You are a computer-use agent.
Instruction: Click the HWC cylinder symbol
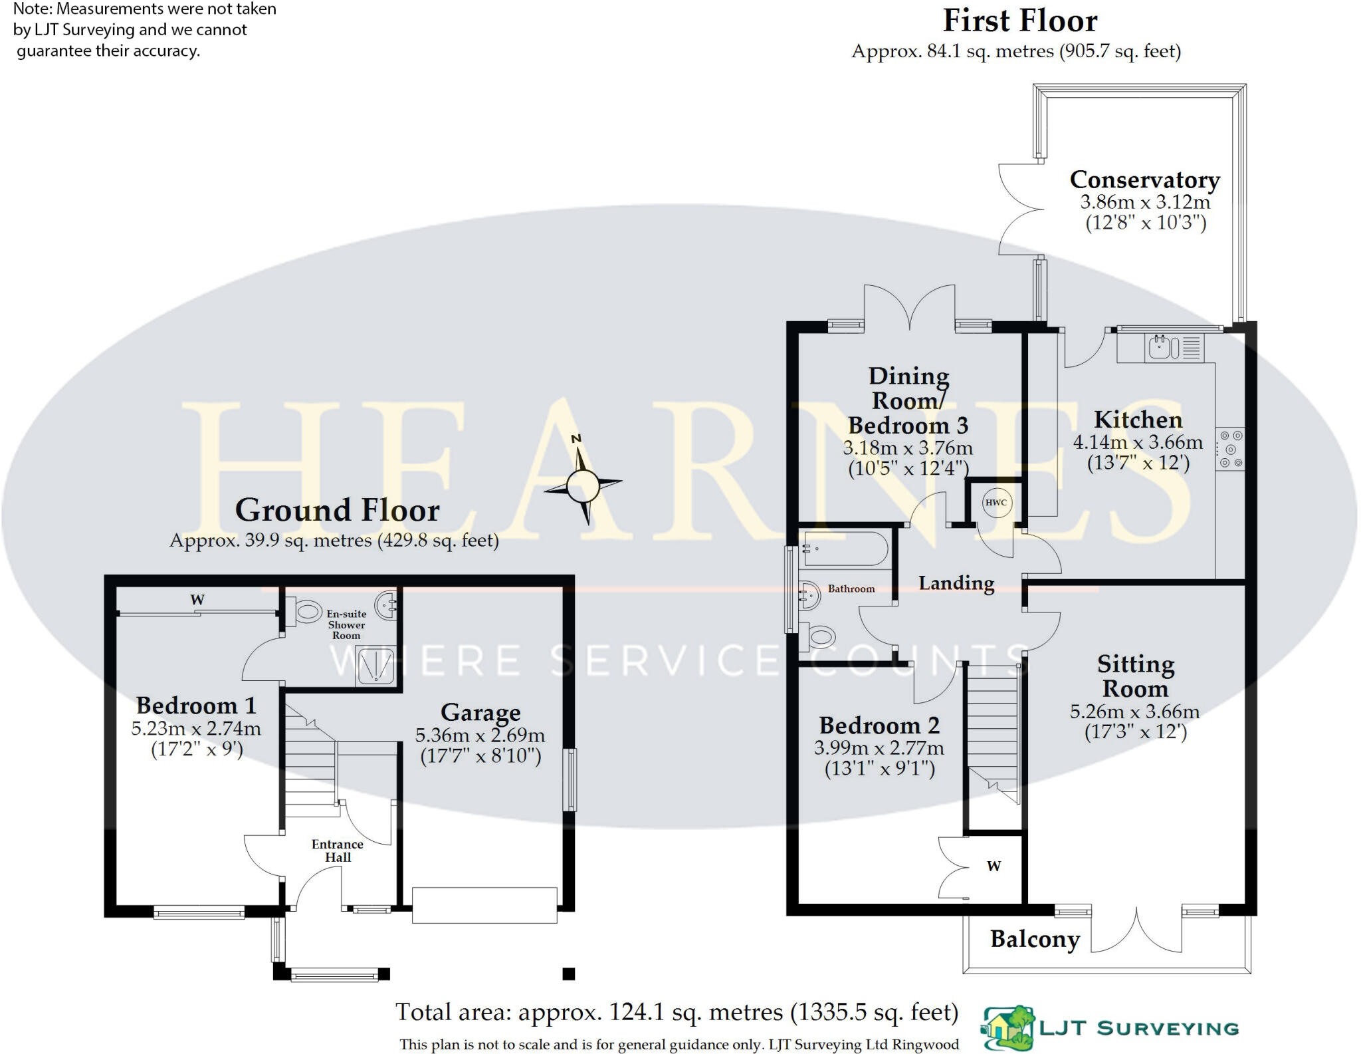[x=995, y=503]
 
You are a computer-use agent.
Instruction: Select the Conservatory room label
[x=1144, y=180]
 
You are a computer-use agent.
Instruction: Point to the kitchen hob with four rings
[x=1229, y=449]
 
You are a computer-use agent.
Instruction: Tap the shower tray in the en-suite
[x=376, y=666]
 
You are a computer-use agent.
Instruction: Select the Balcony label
[x=1035, y=939]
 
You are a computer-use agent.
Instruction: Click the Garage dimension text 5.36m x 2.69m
[x=480, y=735]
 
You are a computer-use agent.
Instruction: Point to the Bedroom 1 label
[x=196, y=706]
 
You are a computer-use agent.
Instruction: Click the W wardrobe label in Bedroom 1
[x=197, y=600]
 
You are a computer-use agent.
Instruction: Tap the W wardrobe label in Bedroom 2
[x=994, y=866]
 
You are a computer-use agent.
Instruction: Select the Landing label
[x=956, y=583]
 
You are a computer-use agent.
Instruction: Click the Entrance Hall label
[x=338, y=851]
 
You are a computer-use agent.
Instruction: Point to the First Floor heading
[x=1020, y=21]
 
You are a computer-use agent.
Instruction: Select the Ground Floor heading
[x=338, y=511]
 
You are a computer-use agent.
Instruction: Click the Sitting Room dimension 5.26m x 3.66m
[x=1134, y=712]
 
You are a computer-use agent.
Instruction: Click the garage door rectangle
[x=484, y=905]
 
